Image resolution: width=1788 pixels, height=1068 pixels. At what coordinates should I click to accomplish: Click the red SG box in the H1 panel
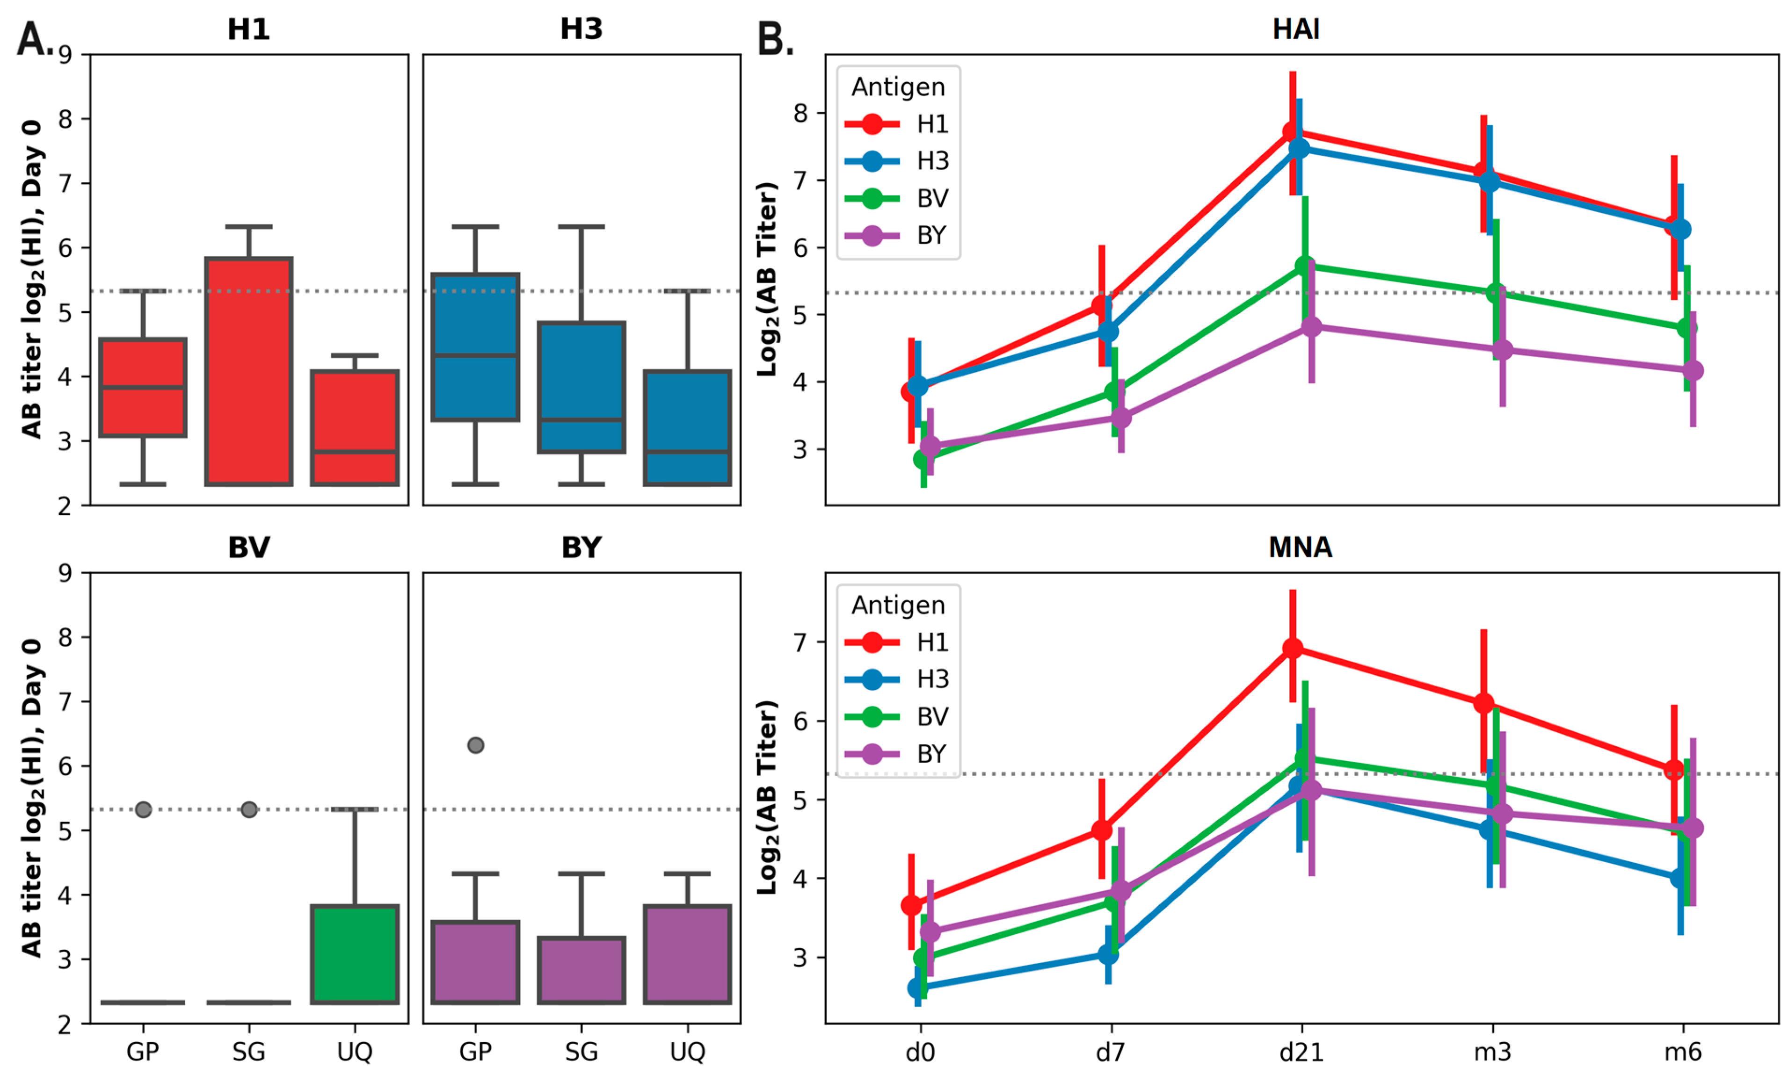[248, 371]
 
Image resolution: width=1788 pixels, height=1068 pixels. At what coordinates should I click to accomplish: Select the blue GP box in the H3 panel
[475, 347]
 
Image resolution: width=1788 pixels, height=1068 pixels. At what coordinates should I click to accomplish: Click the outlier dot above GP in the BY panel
[475, 745]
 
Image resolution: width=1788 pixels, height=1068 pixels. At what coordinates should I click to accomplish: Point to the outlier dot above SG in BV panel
[249, 809]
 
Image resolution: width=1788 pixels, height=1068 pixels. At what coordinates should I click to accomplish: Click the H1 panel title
[248, 29]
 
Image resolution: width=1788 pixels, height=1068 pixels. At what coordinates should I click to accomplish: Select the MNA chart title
[1300, 548]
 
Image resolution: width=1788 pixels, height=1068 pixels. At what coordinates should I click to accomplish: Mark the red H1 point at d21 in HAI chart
[1292, 132]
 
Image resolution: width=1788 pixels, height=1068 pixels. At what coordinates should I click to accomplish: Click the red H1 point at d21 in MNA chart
[1293, 649]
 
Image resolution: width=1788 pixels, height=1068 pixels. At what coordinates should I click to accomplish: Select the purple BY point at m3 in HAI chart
[1502, 350]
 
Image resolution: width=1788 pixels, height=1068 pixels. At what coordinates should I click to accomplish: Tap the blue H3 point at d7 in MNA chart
[1109, 954]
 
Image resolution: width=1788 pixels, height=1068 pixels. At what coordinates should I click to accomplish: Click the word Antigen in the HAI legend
[898, 87]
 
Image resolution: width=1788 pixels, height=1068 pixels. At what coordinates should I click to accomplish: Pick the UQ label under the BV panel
[355, 1052]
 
